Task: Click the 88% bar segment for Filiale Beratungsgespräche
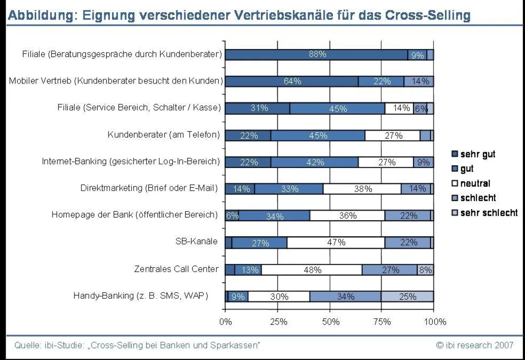317,55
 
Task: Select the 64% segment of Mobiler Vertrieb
292,81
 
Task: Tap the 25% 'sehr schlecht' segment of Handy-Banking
407,297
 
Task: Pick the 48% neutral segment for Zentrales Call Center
312,270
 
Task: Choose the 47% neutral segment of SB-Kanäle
336,243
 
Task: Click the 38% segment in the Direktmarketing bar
362,189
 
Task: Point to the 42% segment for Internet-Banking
315,162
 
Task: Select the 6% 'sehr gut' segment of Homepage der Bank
232,216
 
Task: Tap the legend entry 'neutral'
475,183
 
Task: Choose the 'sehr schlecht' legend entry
488,213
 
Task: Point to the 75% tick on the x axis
382,322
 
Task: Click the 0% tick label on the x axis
225,322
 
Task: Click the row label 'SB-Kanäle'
199,241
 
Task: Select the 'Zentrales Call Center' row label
176,269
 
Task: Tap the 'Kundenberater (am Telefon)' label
164,135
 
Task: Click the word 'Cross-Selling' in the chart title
427,16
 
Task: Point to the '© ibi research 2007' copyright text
475,345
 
